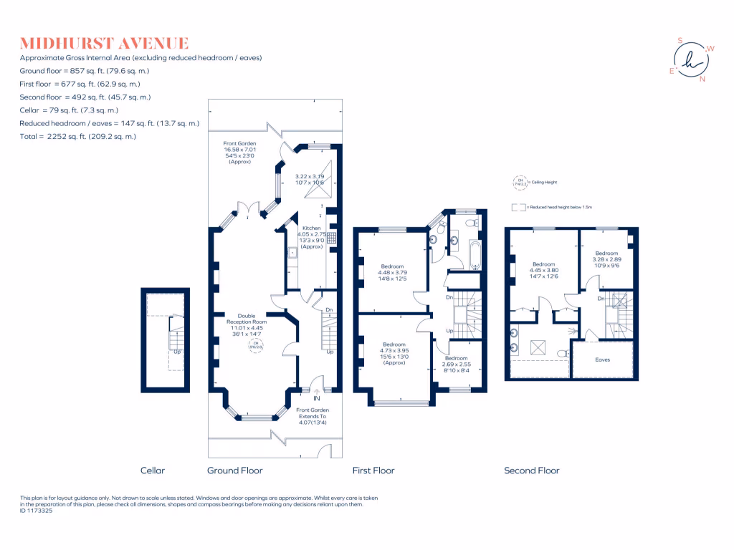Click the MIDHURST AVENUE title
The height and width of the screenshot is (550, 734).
point(105,43)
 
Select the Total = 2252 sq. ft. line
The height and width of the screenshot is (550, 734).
point(78,136)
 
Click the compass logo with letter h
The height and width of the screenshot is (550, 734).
point(691,60)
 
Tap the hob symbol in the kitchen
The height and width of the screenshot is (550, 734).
point(332,238)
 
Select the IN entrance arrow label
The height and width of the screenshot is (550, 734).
point(316,397)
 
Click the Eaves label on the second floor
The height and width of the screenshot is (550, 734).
point(603,360)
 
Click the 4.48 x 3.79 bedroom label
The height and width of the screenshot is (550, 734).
point(392,273)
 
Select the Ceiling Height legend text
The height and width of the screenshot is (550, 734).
point(542,183)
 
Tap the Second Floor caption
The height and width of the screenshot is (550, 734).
point(531,471)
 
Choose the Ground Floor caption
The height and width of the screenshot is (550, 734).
point(234,471)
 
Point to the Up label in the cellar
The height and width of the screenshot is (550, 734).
point(176,352)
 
